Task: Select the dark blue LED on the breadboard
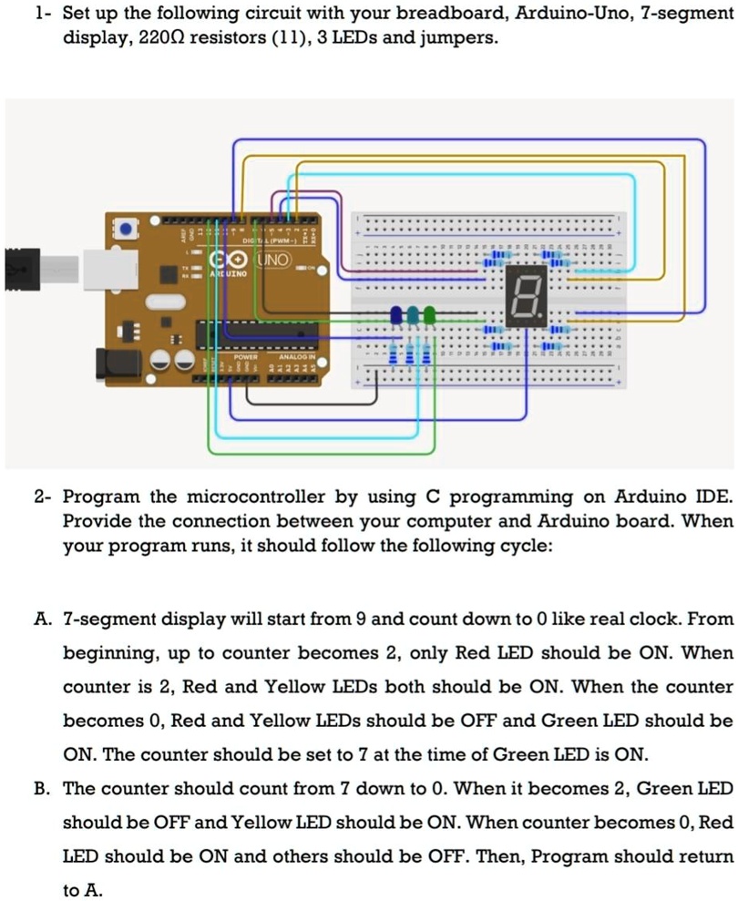click(396, 315)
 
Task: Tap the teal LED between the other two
click(413, 315)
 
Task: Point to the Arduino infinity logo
click(224, 261)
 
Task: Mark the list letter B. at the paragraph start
click(42, 789)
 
